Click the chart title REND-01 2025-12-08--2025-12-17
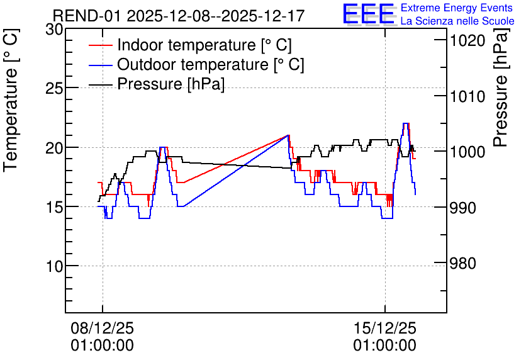click(x=179, y=16)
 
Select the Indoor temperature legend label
click(x=204, y=45)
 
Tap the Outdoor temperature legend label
click(x=211, y=64)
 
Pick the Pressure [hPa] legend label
click(x=171, y=84)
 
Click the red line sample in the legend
click(x=100, y=45)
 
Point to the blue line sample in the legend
click(x=100, y=65)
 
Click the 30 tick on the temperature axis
click(x=54, y=30)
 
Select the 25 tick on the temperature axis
click(x=54, y=89)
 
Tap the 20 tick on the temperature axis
click(x=54, y=148)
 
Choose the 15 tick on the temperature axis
click(x=54, y=207)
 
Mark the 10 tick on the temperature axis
click(x=54, y=267)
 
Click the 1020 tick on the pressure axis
click(x=467, y=41)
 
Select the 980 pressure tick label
click(x=462, y=263)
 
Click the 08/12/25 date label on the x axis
click(x=103, y=328)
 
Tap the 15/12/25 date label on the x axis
click(x=385, y=328)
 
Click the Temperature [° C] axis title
click(x=11, y=100)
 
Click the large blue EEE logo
click(x=368, y=14)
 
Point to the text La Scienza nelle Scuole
click(x=457, y=21)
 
